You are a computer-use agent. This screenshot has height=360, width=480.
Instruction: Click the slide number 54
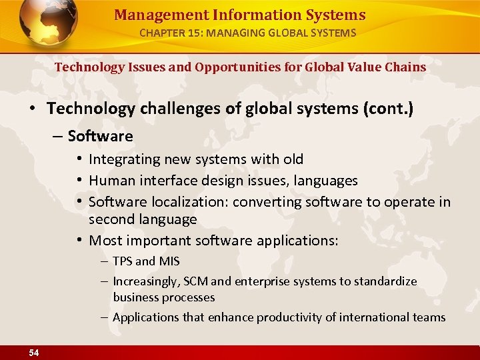tap(33, 353)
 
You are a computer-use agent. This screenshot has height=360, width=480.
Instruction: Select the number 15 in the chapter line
tap(198, 32)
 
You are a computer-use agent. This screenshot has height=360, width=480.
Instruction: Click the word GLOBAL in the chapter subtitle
tap(287, 32)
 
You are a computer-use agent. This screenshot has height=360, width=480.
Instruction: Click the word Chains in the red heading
tap(405, 67)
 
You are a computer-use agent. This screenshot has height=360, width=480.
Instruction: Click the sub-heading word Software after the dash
tap(101, 136)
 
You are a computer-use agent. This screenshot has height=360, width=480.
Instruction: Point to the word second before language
tap(111, 219)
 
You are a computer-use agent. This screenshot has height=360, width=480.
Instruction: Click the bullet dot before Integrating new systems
tap(79, 159)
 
